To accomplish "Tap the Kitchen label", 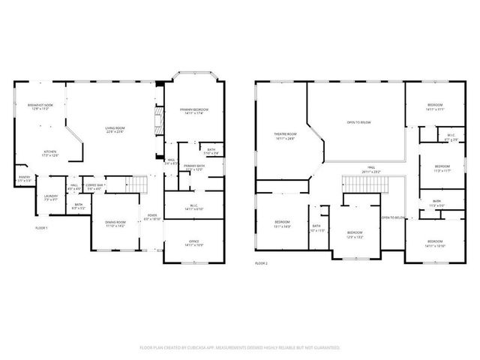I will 50,153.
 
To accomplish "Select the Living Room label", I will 115,129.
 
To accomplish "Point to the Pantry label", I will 25,178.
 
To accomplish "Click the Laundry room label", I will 51,198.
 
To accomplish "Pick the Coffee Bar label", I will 94,186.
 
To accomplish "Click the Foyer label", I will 152,217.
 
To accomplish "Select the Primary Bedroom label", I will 193,111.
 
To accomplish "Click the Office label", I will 193,242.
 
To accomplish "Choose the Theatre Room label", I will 285,136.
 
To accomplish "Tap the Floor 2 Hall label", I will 371,169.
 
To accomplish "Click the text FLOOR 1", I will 41,227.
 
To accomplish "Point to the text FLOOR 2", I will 261,263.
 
